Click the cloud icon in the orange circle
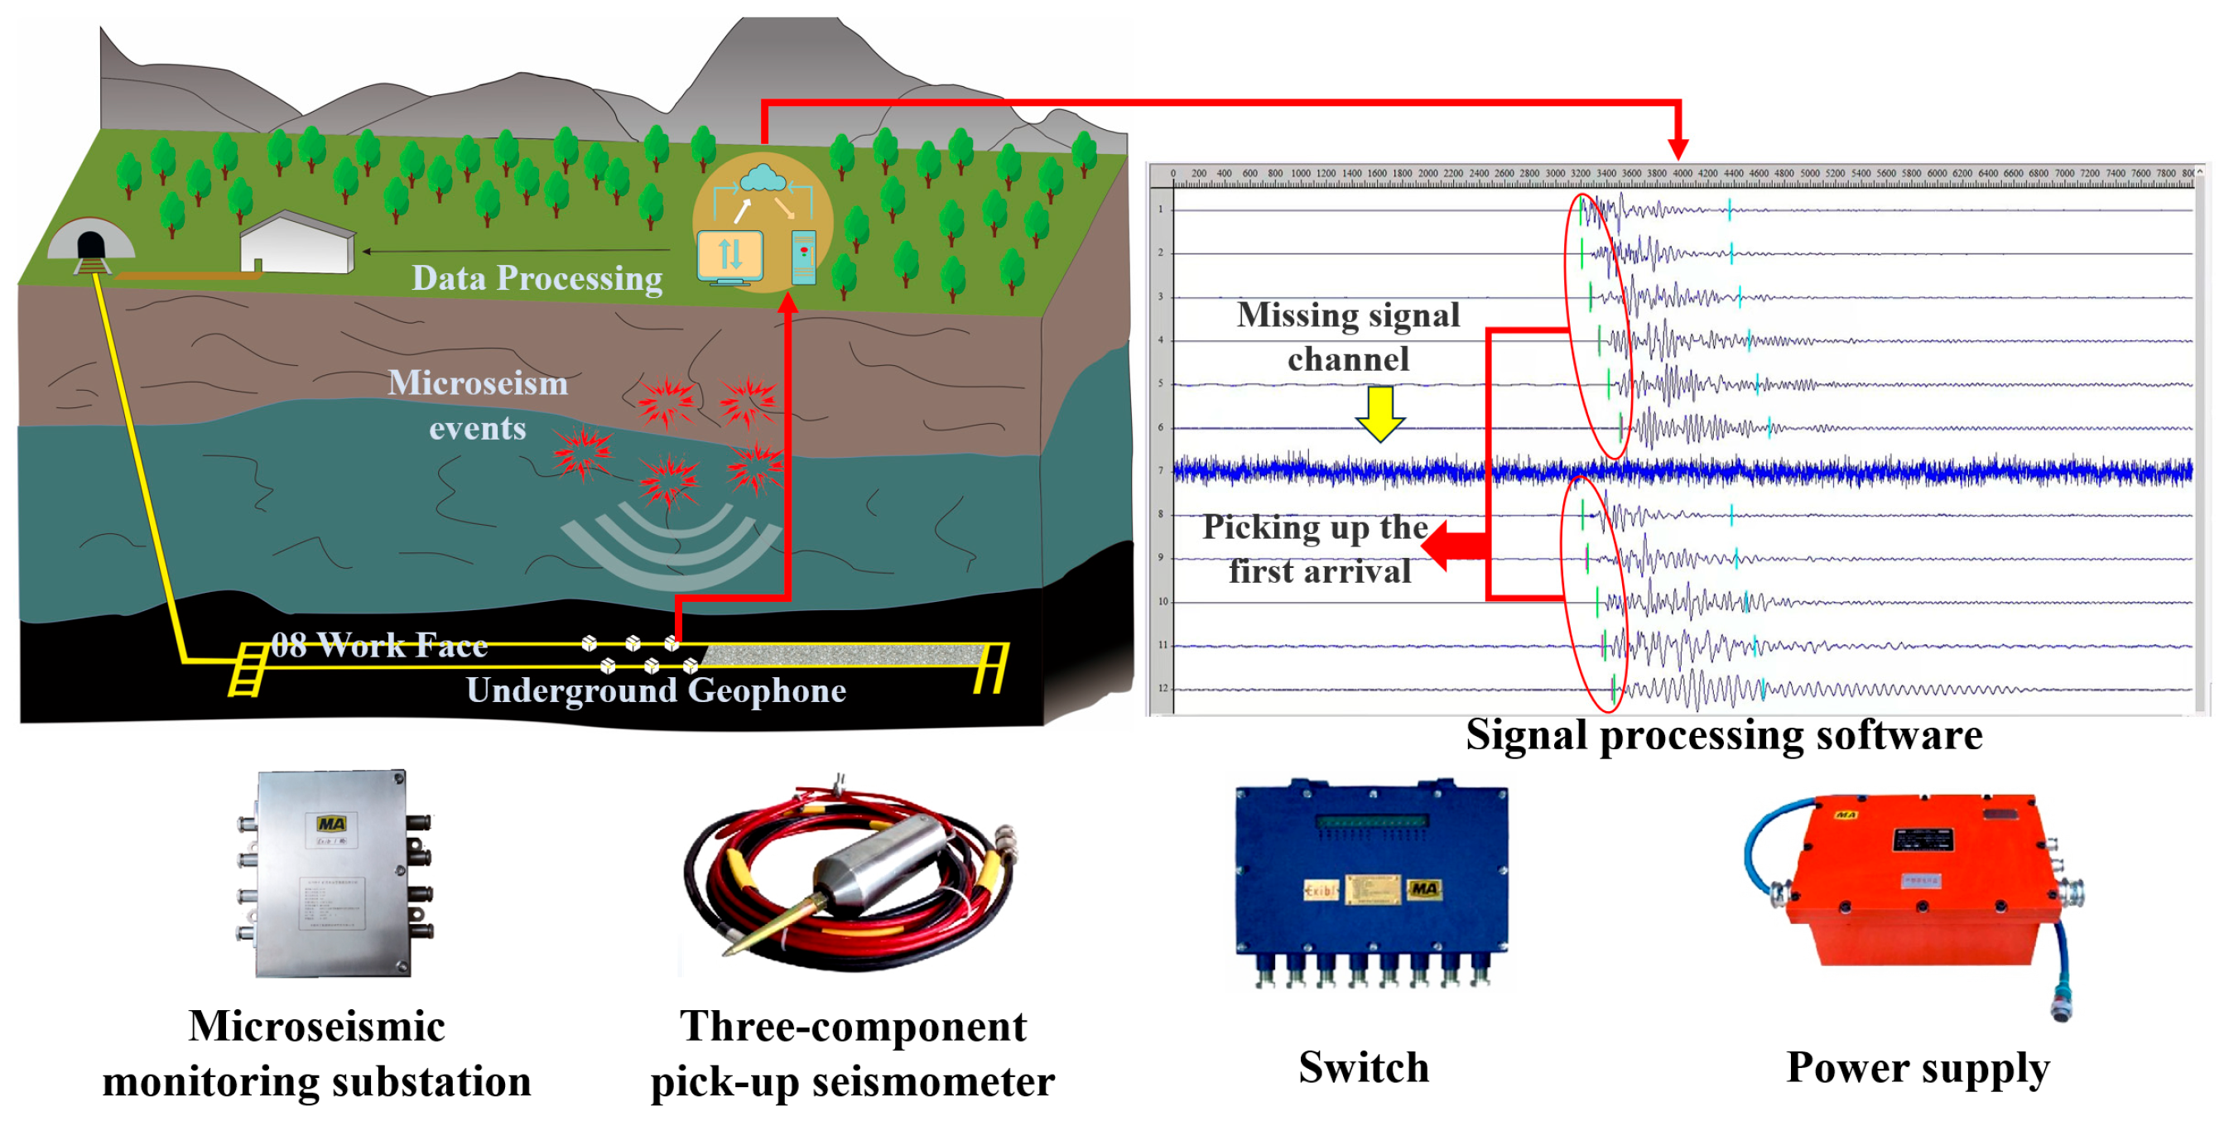[762, 178]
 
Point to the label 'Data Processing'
[537, 279]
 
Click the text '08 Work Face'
[379, 645]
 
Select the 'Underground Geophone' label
[656, 690]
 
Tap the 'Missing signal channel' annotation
[1348, 337]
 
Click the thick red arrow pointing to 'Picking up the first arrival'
[1455, 546]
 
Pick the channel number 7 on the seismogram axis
[1161, 471]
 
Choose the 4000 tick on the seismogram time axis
[1682, 174]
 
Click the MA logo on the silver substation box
[331, 824]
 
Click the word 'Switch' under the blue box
[1363, 1067]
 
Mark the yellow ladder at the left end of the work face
[248, 670]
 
